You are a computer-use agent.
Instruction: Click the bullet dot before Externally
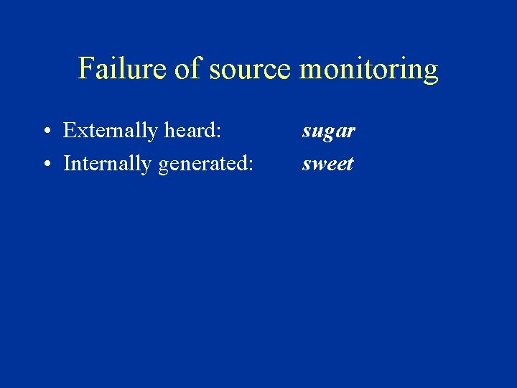tap(45, 132)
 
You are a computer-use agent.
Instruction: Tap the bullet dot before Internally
tap(45, 165)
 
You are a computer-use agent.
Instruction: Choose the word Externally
tap(110, 131)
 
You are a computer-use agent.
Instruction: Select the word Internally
tap(108, 164)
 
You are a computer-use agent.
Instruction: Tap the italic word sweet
tap(327, 165)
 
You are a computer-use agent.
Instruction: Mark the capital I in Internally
tap(67, 164)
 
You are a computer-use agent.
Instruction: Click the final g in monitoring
tap(431, 73)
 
